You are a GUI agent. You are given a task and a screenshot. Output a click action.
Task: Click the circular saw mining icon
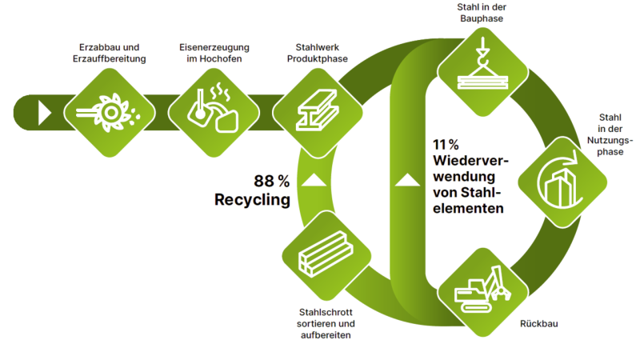click(x=108, y=111)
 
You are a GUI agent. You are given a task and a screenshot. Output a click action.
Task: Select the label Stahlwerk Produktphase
click(x=313, y=53)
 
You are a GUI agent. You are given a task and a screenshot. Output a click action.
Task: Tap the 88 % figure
click(x=271, y=180)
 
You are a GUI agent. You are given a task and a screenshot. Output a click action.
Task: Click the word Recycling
click(x=252, y=199)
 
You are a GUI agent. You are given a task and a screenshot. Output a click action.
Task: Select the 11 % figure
click(x=445, y=145)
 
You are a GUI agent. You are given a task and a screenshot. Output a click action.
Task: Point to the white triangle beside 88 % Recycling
click(x=314, y=179)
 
